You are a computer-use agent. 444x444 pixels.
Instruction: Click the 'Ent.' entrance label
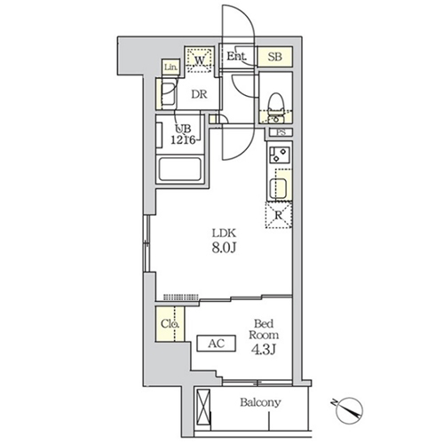(x=235, y=57)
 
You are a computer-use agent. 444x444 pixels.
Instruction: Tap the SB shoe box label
(x=275, y=57)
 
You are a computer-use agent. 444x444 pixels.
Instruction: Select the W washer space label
(x=201, y=60)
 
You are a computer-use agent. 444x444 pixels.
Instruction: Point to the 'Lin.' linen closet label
(x=170, y=67)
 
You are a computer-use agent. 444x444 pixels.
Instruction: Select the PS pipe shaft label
(x=281, y=133)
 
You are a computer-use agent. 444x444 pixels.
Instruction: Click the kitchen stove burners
(x=280, y=157)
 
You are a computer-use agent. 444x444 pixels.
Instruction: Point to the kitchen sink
(x=279, y=187)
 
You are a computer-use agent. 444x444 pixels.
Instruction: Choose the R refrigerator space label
(x=278, y=214)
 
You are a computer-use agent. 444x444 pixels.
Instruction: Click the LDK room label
(x=222, y=234)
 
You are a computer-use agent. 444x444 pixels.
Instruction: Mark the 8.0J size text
(x=223, y=250)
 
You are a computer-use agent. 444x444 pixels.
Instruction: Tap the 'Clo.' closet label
(x=170, y=325)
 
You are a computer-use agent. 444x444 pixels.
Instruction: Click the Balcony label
(x=260, y=402)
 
